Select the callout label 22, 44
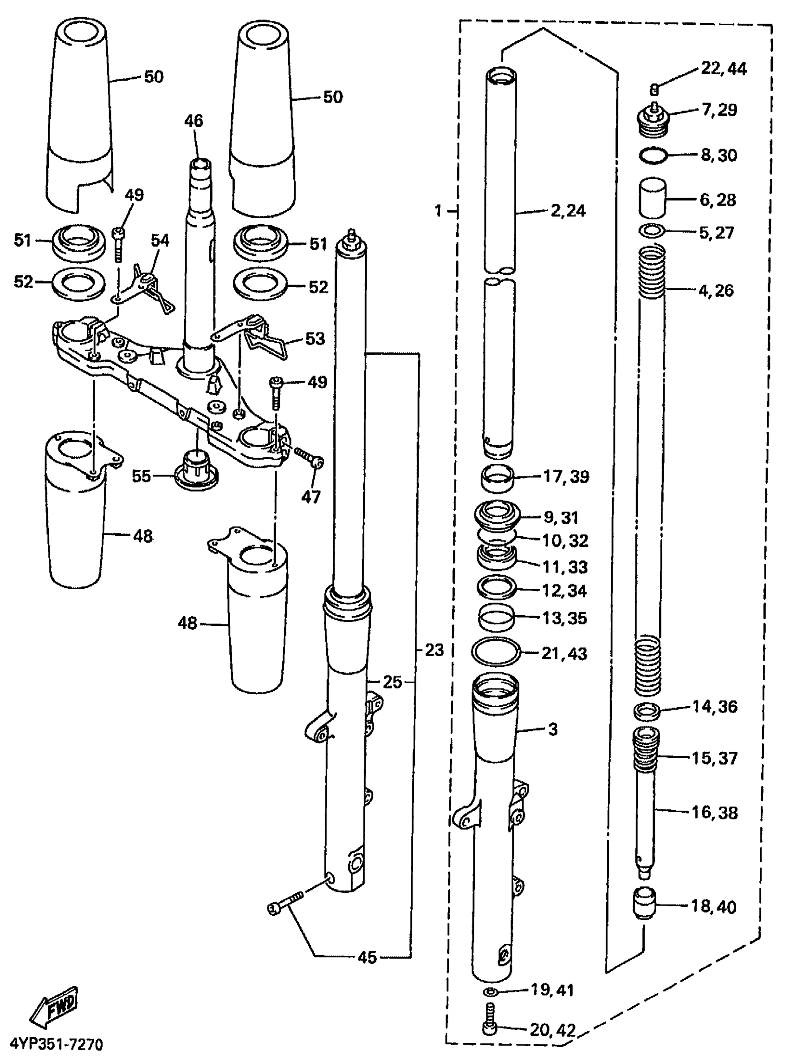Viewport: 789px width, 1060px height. click(723, 69)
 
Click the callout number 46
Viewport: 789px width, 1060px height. click(194, 121)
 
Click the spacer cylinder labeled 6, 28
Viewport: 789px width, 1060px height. click(653, 199)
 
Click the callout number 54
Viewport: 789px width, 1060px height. click(160, 241)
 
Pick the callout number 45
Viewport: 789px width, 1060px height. click(367, 957)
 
